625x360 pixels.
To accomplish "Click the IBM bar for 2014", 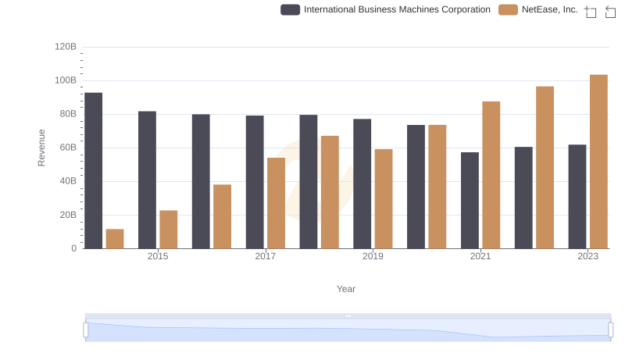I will pyautogui.click(x=94, y=170).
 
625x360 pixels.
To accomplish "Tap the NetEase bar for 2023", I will pyautogui.click(x=598, y=162).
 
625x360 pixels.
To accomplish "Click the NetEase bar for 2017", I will pyautogui.click(x=276, y=203).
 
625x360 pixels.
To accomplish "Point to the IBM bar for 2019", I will pyautogui.click(x=362, y=184).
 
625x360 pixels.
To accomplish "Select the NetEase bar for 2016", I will pyautogui.click(x=222, y=216).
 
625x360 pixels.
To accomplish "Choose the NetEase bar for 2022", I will pyautogui.click(x=545, y=167).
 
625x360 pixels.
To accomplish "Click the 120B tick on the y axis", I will pyautogui.click(x=66, y=47).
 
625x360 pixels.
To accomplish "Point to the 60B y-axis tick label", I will pyautogui.click(x=68, y=148).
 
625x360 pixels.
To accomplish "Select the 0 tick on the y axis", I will pyautogui.click(x=74, y=248).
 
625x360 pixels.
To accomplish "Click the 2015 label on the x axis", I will pyautogui.click(x=158, y=256).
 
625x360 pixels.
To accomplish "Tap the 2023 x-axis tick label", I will pyautogui.click(x=588, y=256).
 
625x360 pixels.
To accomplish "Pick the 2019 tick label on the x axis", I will pyautogui.click(x=373, y=256).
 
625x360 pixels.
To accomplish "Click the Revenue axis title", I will pyautogui.click(x=42, y=148).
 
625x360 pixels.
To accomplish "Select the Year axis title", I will pyautogui.click(x=346, y=289).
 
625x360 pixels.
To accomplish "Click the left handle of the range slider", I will pyautogui.click(x=86, y=330).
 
